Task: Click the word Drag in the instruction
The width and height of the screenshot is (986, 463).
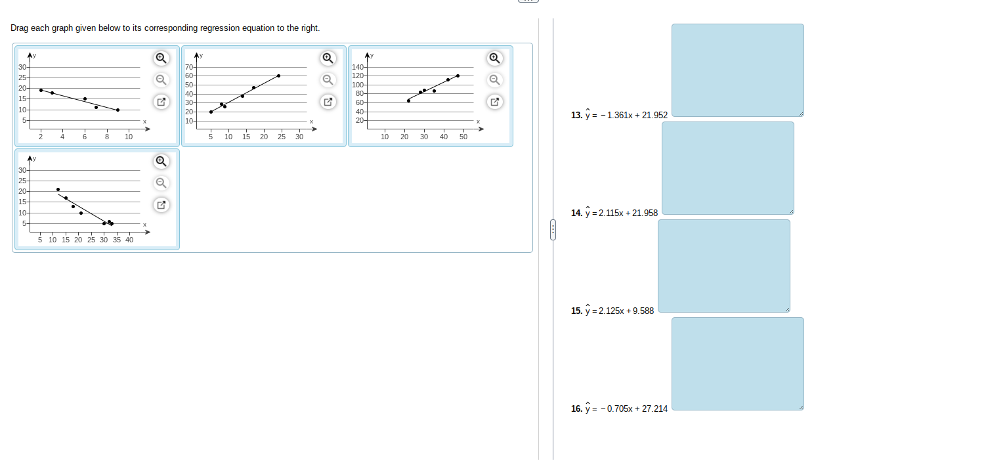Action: coord(20,28)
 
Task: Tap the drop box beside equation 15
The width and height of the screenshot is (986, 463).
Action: coord(723,266)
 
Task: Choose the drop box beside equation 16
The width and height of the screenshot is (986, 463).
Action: coord(737,363)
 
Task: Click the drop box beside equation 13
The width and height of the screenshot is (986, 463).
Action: coord(737,70)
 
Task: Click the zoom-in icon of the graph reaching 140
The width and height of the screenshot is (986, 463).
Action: coord(495,58)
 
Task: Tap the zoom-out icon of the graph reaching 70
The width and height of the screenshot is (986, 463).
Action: coord(328,80)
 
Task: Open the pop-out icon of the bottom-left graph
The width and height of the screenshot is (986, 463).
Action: coord(161,205)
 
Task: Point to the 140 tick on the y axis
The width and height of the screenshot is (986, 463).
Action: coord(358,68)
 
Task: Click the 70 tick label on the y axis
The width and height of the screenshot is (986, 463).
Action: coord(189,68)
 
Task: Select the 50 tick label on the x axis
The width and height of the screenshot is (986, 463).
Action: coord(463,137)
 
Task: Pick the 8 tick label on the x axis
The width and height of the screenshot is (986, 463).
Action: coord(107,137)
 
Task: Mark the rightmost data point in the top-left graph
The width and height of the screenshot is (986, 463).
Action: coord(118,110)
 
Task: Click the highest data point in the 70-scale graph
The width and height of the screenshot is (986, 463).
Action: coord(278,76)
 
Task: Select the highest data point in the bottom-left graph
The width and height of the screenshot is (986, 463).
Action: coord(58,189)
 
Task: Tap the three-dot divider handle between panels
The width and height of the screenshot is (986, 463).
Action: coord(553,230)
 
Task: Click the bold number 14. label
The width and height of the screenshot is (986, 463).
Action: coord(576,213)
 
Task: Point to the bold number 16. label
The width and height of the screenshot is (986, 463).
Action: coord(576,408)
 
